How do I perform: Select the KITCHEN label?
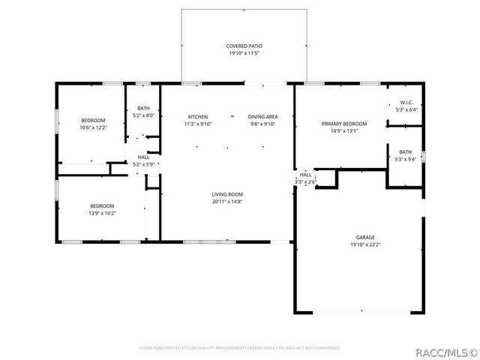tap(198, 116)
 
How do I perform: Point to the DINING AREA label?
tap(264, 116)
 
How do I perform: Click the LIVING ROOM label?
tap(226, 193)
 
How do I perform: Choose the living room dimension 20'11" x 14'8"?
tap(226, 201)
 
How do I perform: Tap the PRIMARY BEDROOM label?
tap(344, 123)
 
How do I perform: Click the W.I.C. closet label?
tap(406, 102)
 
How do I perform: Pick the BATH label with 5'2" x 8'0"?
tap(143, 109)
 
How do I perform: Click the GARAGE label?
tap(365, 236)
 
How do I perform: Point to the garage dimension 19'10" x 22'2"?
tap(365, 244)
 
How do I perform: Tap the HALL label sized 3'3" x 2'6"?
tap(306, 175)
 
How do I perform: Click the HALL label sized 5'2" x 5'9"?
tap(142, 157)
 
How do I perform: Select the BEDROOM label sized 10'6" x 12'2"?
tap(93, 120)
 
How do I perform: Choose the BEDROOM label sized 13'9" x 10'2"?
tap(102, 205)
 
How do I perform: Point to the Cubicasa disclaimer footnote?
tap(240, 348)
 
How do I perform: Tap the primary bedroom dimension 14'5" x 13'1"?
tap(344, 130)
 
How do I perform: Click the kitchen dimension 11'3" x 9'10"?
tap(198, 124)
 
